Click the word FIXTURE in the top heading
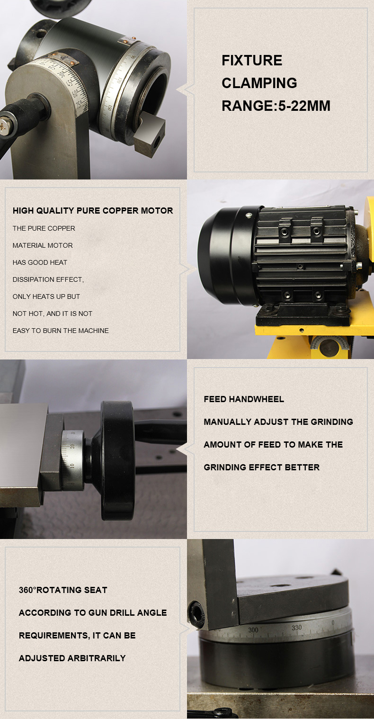tap(252, 61)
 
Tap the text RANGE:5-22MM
tap(276, 106)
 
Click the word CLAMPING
tap(259, 83)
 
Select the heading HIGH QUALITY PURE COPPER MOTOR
tap(93, 211)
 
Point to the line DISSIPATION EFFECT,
tap(48, 279)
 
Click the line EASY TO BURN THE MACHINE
tap(61, 331)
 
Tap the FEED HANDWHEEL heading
tap(244, 399)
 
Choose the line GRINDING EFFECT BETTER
tap(261, 467)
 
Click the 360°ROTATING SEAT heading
tap(63, 590)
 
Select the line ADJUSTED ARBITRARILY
tap(72, 658)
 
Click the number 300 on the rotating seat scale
tap(253, 630)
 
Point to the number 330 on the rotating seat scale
tap(297, 628)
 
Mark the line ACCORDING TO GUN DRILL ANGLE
tap(93, 613)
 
